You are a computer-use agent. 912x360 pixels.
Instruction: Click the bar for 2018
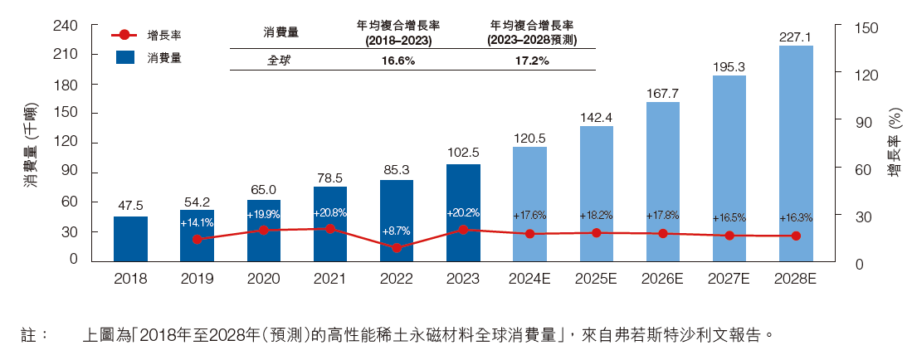[x=130, y=239]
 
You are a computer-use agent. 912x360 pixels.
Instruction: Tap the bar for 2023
[x=463, y=212]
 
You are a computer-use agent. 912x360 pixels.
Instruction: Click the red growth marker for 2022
[x=397, y=247]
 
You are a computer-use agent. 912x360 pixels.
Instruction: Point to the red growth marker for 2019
[x=197, y=239]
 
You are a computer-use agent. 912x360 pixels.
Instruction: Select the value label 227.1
[x=796, y=36]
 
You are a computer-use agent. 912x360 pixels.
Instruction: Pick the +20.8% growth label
[x=330, y=213]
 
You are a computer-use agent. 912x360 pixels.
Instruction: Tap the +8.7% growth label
[x=397, y=231]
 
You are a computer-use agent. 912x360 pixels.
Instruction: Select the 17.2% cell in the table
[x=532, y=61]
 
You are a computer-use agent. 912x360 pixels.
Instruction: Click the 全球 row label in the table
[x=279, y=61]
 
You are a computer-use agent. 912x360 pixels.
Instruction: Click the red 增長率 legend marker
[x=125, y=36]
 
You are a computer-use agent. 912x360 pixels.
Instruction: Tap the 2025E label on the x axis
[x=596, y=280]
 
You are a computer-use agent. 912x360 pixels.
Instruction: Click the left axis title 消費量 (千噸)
[x=29, y=144]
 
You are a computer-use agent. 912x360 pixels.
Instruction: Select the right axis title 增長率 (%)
[x=893, y=144]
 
